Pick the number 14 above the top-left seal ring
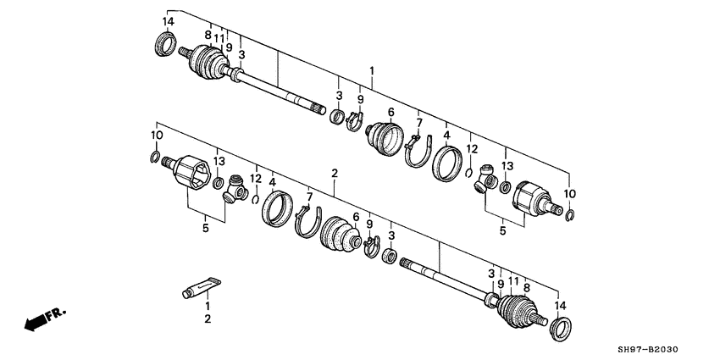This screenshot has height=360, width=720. [168, 21]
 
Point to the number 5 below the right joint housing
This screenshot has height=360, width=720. [502, 229]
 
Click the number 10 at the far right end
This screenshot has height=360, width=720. [570, 193]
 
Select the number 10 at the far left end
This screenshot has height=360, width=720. [157, 136]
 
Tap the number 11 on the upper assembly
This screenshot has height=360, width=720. [219, 38]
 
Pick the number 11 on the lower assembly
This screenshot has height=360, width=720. [513, 280]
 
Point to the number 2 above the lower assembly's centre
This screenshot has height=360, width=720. [335, 173]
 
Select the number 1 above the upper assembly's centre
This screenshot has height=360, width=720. [370, 70]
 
